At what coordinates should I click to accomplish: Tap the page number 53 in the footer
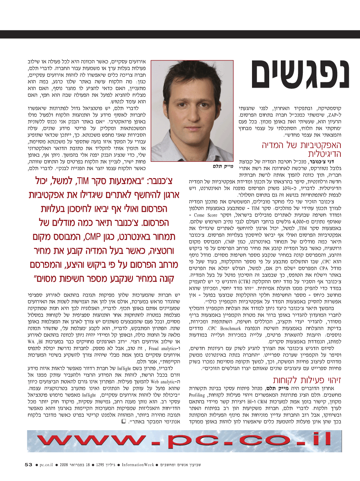(x=28, y=465)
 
